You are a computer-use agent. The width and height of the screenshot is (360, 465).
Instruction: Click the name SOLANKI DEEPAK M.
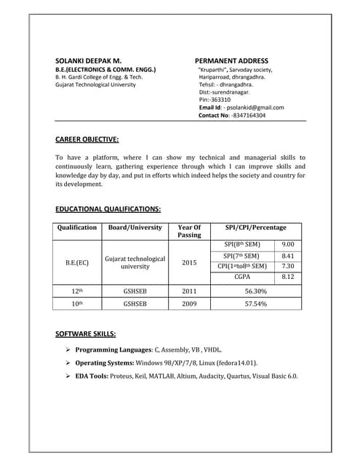tap(88, 60)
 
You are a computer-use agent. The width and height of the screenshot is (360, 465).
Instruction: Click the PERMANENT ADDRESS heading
tap(231, 60)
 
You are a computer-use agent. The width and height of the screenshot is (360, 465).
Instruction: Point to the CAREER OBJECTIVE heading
tap(87, 139)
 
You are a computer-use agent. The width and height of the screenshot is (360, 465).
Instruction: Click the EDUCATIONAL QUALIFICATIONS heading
tap(108, 209)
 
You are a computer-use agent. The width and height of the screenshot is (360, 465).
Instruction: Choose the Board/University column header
tap(135, 227)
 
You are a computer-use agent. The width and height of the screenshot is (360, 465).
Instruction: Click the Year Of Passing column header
tap(189, 231)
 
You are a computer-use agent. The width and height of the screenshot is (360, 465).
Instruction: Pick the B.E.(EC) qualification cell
tap(77, 262)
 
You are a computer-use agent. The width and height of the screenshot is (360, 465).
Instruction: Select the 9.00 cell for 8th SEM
tap(287, 245)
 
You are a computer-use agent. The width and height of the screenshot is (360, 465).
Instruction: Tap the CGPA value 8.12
tap(287, 277)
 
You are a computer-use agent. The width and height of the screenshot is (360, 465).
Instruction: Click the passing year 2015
tap(189, 262)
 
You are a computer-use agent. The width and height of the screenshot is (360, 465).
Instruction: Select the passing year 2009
tap(189, 304)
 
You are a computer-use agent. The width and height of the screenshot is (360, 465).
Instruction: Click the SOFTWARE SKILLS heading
tap(85, 334)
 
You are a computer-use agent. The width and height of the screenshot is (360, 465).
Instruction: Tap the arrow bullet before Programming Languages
tap(68, 350)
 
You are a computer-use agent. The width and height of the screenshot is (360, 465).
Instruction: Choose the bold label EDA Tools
tap(91, 376)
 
